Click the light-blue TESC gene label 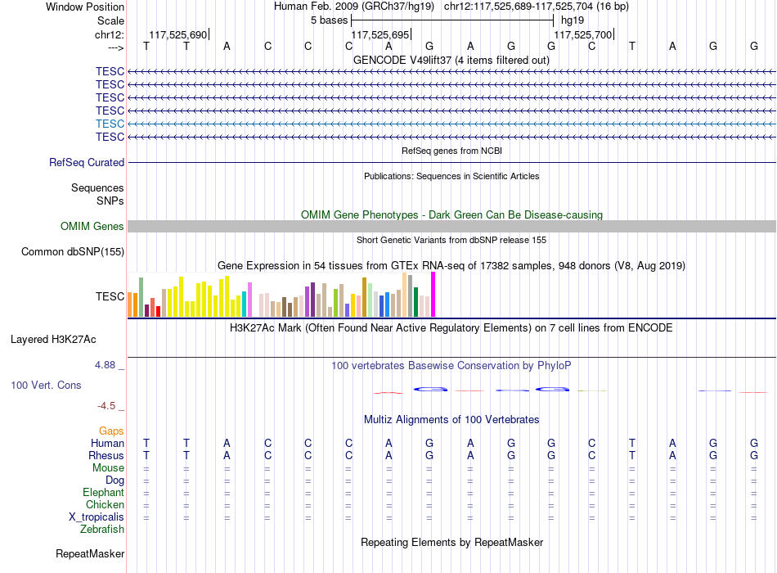[110, 124]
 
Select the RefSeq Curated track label [87, 162]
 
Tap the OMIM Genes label [92, 226]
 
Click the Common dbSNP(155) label [73, 251]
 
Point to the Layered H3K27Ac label [53, 340]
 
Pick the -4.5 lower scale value [106, 406]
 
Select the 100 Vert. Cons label [46, 385]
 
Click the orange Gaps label [111, 431]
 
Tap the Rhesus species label [106, 455]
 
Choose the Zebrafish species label [102, 529]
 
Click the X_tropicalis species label [97, 517]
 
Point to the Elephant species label [104, 492]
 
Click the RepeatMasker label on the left [90, 553]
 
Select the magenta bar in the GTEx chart [433, 294]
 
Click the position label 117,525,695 [380, 34]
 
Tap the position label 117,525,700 [582, 34]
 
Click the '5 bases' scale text [330, 20]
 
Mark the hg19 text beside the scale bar [573, 20]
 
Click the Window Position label [85, 7]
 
